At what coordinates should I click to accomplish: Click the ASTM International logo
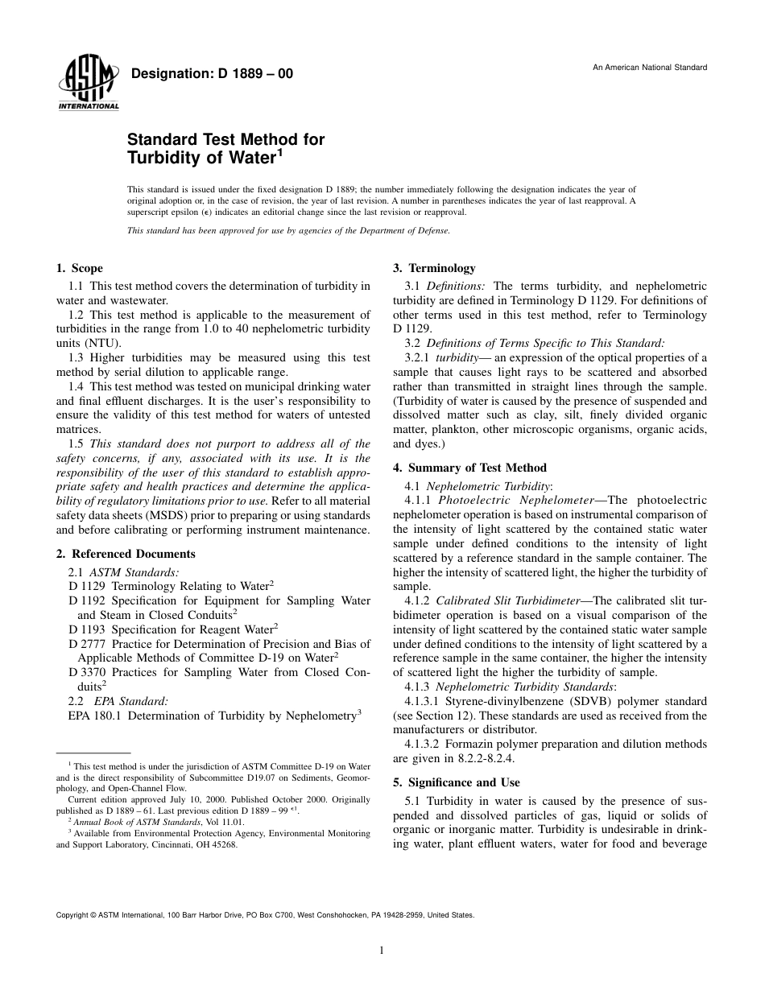(88, 83)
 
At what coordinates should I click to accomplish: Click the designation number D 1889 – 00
(212, 74)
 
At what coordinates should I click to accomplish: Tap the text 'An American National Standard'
(650, 67)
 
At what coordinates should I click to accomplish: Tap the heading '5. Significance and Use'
(457, 782)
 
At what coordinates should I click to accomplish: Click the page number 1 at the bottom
(382, 951)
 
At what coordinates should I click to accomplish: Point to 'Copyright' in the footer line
(72, 915)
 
